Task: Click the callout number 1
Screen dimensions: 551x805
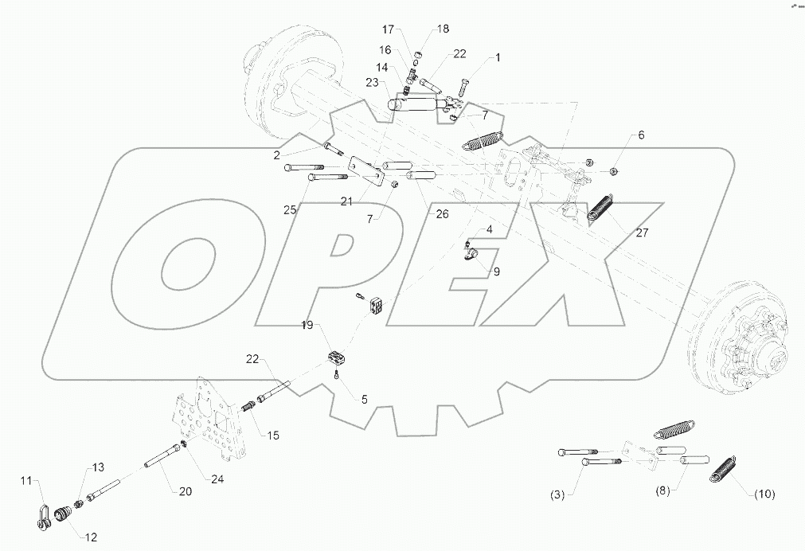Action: click(498, 58)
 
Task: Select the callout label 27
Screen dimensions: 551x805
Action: click(643, 233)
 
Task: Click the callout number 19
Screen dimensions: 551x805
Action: click(307, 325)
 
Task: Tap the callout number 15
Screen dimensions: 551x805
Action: click(273, 436)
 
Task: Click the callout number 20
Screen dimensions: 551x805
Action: click(186, 491)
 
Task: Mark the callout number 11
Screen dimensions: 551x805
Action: click(25, 480)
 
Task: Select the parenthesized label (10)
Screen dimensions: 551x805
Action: click(764, 494)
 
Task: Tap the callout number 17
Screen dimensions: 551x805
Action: click(388, 29)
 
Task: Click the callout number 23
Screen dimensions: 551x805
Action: click(372, 82)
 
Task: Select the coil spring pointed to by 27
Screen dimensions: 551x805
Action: click(601, 209)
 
